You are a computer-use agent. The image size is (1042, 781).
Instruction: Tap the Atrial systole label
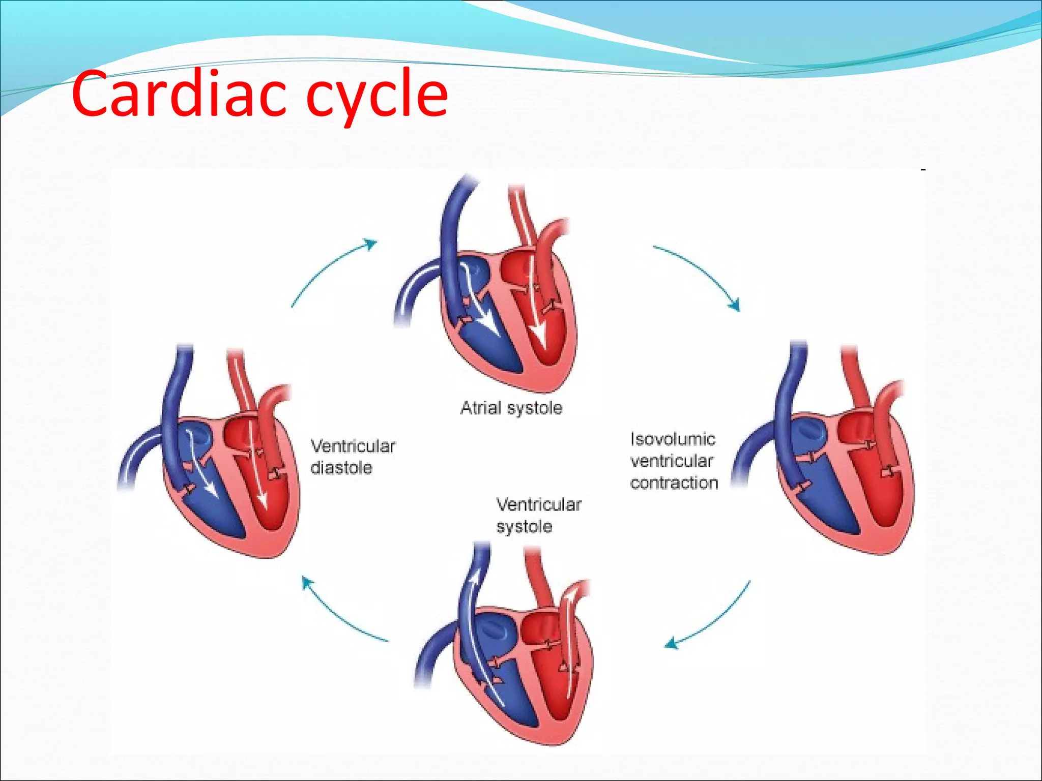coord(511,408)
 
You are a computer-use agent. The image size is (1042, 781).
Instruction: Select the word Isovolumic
coord(673,439)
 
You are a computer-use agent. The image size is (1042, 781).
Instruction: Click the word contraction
coord(674,483)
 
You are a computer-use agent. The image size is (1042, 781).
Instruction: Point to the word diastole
coord(341,468)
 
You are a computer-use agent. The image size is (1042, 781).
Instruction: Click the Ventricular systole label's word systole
coord(524,526)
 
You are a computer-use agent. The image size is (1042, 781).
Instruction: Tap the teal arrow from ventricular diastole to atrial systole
coord(331,269)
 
